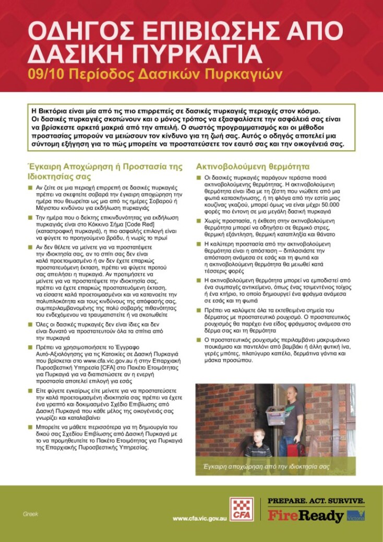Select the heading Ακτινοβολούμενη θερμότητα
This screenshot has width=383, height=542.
(253, 167)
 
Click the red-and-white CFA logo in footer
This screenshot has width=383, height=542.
(242, 509)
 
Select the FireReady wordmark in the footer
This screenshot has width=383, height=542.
(306, 515)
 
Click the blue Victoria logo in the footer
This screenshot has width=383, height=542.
(356, 515)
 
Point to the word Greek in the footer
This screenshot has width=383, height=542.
(30, 514)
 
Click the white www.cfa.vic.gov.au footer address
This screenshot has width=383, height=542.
(199, 519)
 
